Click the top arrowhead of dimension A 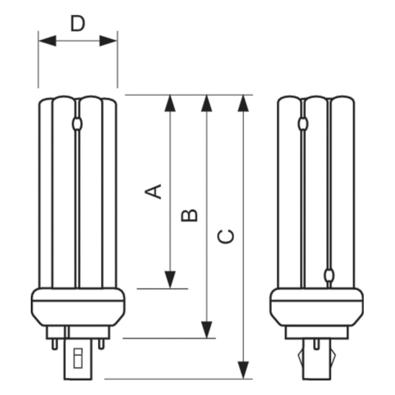pos(170,103)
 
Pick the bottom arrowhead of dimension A pos(170,279)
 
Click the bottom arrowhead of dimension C pos(244,370)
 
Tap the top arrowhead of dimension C pos(244,103)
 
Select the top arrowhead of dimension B pos(207,103)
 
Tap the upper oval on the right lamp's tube pos(302,124)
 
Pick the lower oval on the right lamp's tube pos(329,275)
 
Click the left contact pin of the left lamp pos(55,343)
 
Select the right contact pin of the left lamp pos(100,343)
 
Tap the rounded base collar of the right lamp pos(317,307)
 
